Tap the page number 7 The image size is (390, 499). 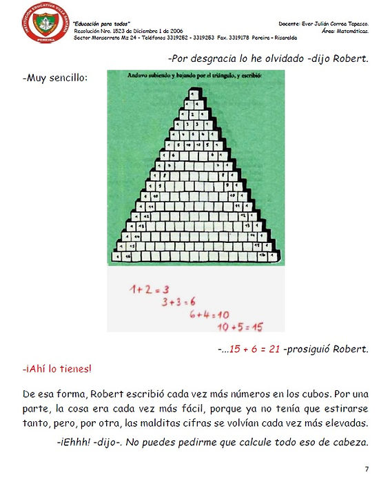[x=367, y=469]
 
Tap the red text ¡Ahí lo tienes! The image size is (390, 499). [x=57, y=369]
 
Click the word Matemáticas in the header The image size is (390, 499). [x=353, y=31]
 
